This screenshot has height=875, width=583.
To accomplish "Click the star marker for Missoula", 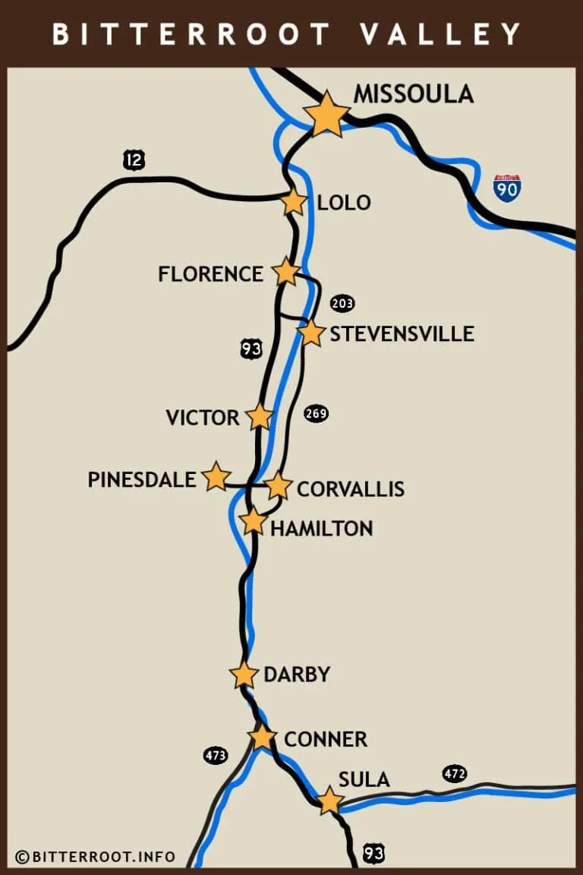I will [326, 114].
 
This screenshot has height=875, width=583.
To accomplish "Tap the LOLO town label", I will [344, 203].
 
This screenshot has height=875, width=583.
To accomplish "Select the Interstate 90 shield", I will [507, 187].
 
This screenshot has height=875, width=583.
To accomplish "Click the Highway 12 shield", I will [134, 160].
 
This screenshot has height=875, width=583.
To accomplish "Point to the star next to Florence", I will [286, 271].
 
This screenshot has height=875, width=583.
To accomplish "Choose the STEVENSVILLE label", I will [402, 334].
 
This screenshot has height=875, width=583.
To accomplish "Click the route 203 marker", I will [342, 304].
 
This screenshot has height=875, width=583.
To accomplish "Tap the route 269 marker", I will [316, 414].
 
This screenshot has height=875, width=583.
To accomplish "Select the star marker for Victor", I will [260, 416].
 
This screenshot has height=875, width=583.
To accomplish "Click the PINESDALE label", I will [142, 480].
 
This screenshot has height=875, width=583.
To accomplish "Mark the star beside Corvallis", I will [279, 486].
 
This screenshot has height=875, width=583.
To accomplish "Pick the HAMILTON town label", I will [322, 529].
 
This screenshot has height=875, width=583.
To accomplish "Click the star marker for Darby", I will [244, 674].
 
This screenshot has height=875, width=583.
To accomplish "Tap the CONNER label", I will [326, 739].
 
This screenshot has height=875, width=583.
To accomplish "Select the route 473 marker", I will [216, 756].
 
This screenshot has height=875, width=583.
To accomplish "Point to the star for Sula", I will [329, 801].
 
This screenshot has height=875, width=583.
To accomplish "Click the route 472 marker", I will [455, 774].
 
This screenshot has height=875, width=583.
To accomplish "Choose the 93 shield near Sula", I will [373, 854].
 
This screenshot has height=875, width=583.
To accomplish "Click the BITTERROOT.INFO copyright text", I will [96, 857].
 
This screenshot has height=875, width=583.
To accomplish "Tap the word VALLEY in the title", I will [440, 34].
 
